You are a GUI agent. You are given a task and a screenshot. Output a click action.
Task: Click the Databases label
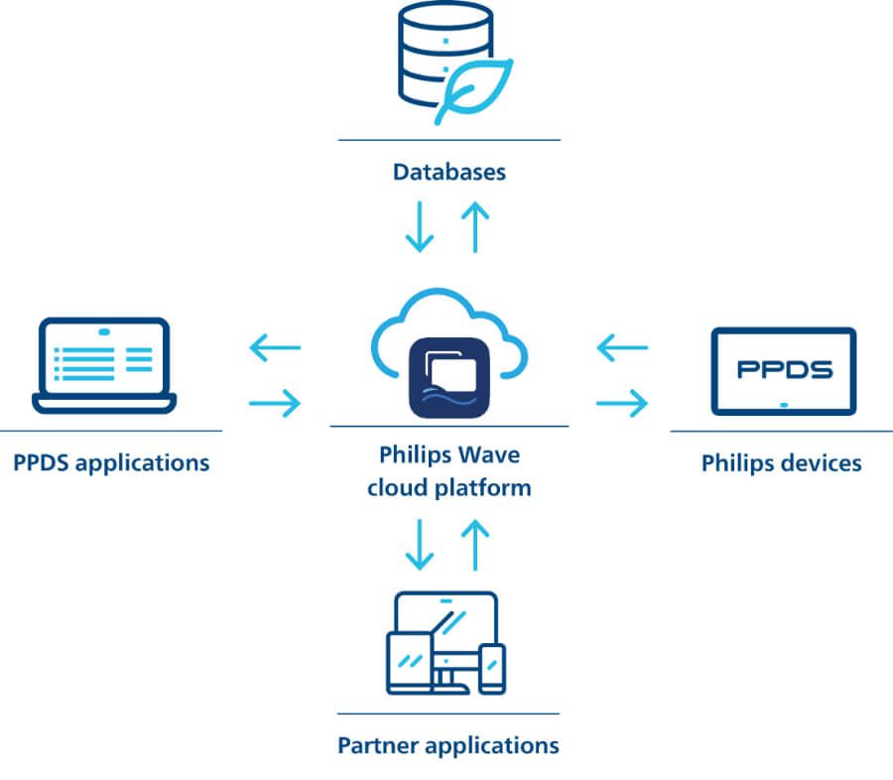click(x=449, y=172)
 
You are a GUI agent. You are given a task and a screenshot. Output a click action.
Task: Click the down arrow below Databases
click(x=420, y=226)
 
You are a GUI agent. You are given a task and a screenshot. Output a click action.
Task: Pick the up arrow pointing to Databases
click(x=475, y=227)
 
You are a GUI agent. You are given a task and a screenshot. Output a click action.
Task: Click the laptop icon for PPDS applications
click(x=104, y=366)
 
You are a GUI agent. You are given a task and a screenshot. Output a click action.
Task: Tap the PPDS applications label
click(x=111, y=462)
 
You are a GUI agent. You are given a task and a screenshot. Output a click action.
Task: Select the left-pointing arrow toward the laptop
click(x=275, y=347)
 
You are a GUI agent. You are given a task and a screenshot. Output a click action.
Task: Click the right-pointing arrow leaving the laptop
click(x=275, y=403)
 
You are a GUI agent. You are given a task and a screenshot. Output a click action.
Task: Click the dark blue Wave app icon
click(x=449, y=378)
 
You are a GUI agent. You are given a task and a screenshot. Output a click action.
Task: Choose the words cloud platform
click(x=449, y=488)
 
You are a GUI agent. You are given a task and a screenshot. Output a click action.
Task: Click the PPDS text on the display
click(x=784, y=369)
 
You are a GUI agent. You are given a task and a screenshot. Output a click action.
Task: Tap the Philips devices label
click(x=782, y=463)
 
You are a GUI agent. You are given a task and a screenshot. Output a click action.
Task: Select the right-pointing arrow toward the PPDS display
click(x=622, y=403)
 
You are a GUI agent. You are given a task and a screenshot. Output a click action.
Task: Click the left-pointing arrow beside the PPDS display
click(x=622, y=347)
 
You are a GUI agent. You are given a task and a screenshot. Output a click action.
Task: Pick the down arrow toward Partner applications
click(x=420, y=545)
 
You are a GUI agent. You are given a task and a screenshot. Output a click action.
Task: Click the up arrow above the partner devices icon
click(x=475, y=545)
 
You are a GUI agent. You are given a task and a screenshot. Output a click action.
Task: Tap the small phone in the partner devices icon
click(x=492, y=669)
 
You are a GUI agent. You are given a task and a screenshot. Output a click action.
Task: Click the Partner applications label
click(x=448, y=745)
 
